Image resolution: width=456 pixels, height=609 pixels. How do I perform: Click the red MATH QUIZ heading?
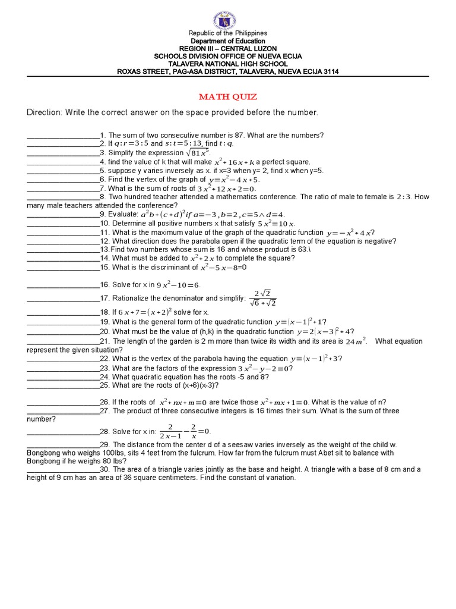[228, 97]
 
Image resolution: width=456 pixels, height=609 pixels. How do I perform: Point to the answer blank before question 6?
[64, 180]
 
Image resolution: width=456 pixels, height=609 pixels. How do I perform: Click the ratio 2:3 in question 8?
[404, 197]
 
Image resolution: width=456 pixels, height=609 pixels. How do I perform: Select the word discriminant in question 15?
[159, 268]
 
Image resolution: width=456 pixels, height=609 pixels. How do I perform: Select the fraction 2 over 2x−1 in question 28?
[170, 431]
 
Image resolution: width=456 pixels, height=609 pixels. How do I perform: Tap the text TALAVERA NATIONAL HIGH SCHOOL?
[228, 64]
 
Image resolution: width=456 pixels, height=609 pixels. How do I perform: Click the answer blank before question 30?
[64, 470]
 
